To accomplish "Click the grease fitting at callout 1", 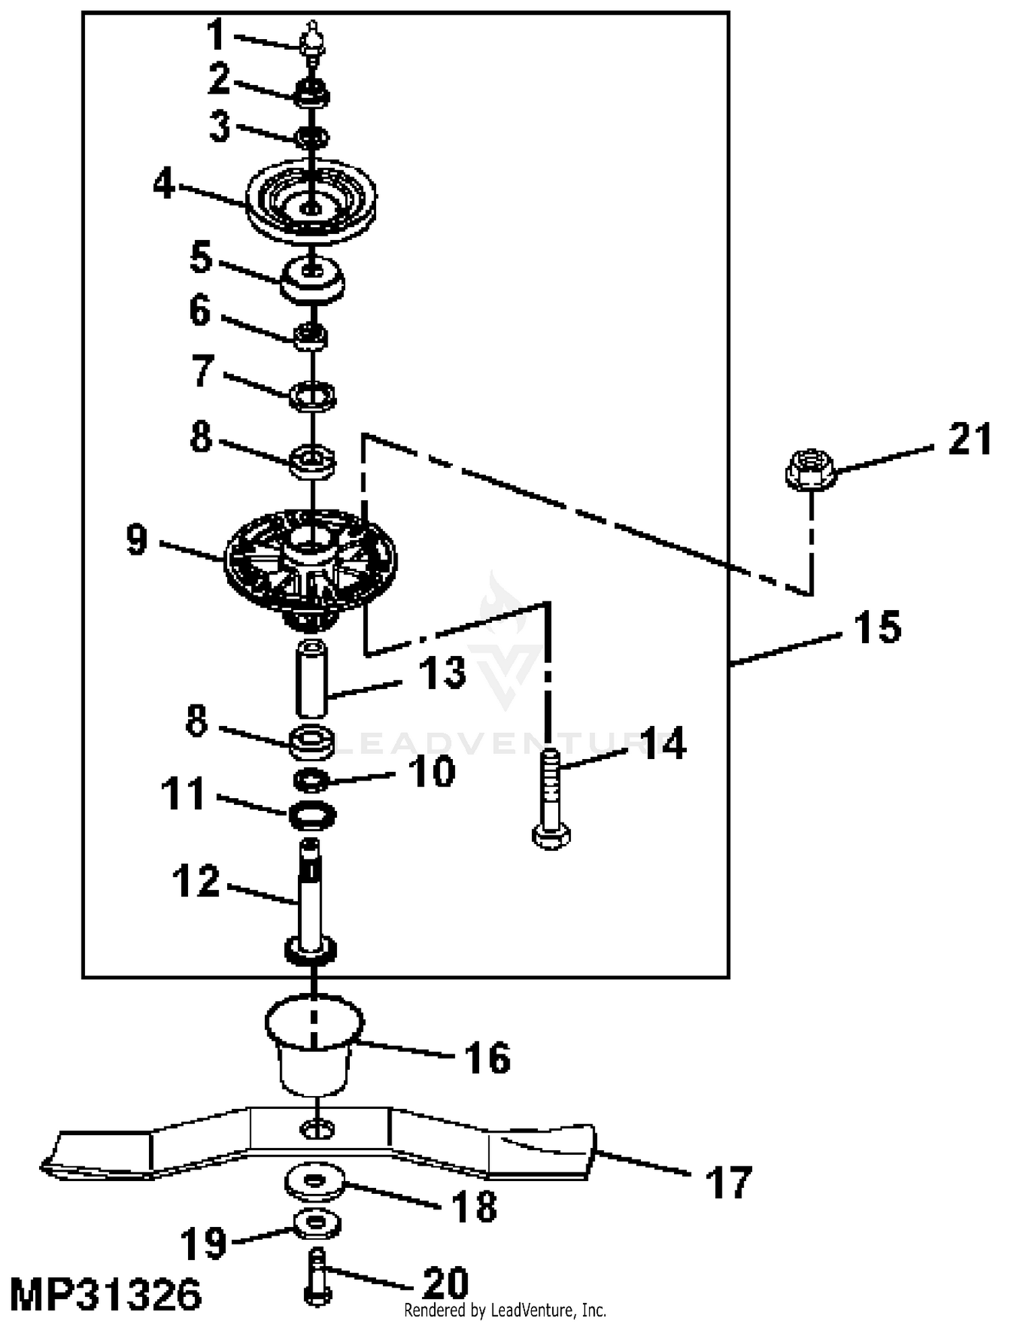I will (312, 42).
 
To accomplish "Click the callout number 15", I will (877, 628).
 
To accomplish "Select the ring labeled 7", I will (312, 396).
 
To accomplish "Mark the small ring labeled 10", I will (311, 781).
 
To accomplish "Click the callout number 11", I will (183, 793).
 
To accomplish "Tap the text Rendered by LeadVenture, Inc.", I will (505, 1310).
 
